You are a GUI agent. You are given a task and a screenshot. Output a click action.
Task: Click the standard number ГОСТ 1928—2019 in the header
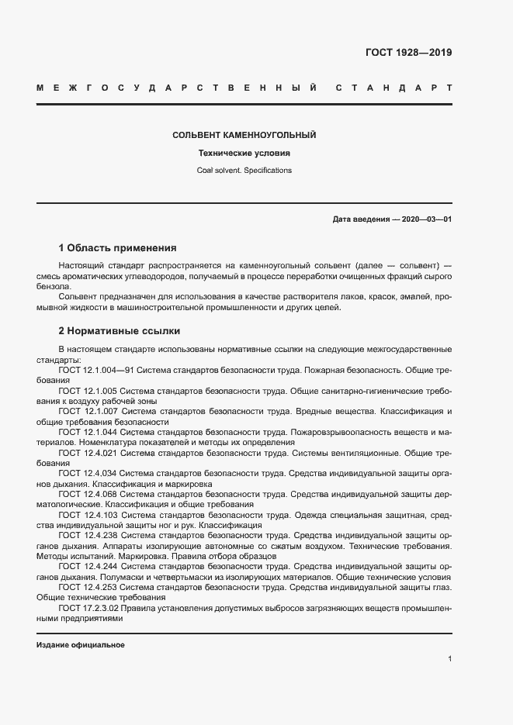click(408, 53)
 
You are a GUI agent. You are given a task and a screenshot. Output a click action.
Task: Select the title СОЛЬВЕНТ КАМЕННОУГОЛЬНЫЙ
click(244, 135)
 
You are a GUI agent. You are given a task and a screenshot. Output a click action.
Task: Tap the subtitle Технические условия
click(244, 153)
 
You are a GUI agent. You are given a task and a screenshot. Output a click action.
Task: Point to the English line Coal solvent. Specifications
click(244, 170)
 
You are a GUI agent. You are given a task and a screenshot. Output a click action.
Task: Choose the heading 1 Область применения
click(117, 249)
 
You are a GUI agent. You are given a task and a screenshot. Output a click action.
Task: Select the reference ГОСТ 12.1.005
click(88, 391)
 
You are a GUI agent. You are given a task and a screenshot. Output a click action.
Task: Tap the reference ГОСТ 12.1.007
click(88, 411)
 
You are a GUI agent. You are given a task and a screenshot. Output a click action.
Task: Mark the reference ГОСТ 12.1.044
click(88, 431)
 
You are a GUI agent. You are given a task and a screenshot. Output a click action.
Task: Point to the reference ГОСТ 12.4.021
click(88, 452)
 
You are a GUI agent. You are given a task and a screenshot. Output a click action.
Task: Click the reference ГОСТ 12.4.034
click(88, 472)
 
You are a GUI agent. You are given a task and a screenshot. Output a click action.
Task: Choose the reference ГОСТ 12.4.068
click(88, 492)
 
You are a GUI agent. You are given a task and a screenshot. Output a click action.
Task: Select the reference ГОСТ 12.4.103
click(88, 513)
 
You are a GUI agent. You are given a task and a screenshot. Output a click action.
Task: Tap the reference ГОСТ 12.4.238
click(88, 535)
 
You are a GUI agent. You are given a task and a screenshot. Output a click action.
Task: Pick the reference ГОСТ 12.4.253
click(88, 588)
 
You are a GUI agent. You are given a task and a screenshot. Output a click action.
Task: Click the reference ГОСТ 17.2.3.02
click(92, 609)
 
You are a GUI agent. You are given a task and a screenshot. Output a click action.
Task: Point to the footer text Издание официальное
click(81, 645)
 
